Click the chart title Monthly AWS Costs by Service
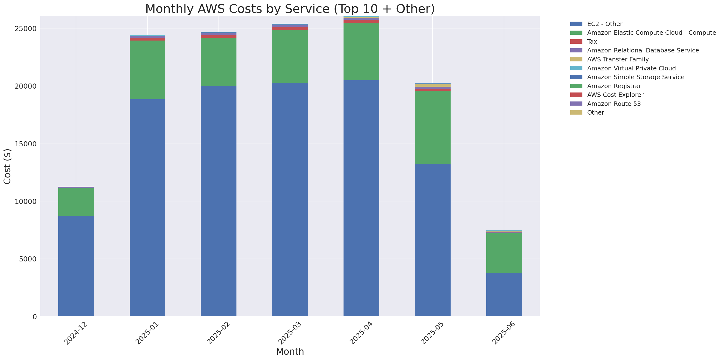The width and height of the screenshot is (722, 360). click(x=290, y=9)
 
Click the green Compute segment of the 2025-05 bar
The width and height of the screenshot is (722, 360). click(x=432, y=127)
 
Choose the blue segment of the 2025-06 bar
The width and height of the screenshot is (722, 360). click(x=504, y=294)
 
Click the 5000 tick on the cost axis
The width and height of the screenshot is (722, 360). click(x=28, y=259)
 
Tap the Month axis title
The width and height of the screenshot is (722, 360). click(x=290, y=351)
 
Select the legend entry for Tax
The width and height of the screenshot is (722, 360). click(x=592, y=42)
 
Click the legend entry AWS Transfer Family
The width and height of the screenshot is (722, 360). click(x=618, y=59)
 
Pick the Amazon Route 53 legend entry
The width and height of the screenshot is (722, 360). click(x=614, y=104)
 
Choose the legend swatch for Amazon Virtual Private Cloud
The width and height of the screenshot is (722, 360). click(x=576, y=68)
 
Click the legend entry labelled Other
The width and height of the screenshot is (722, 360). click(x=595, y=112)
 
